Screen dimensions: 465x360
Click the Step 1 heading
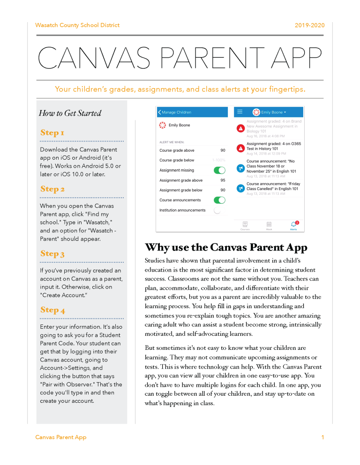(x=52, y=133)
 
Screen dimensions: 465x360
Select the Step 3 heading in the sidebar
(x=52, y=254)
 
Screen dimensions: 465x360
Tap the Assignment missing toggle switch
(x=219, y=170)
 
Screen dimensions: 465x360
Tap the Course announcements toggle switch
(x=219, y=200)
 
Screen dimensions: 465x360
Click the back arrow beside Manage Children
(x=159, y=112)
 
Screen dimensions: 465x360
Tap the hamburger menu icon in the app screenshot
(x=240, y=112)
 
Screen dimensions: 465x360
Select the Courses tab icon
(x=245, y=225)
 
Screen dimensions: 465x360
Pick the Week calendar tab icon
(x=269, y=225)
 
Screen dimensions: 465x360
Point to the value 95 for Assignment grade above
(x=223, y=180)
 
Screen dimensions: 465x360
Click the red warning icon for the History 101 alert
(x=240, y=148)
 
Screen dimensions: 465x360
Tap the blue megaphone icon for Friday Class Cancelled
(x=240, y=188)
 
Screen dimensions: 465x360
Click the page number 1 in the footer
(x=322, y=437)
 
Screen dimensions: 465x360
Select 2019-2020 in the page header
(x=309, y=25)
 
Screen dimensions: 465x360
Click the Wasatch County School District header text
(x=77, y=25)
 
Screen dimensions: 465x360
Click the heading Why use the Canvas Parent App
(x=226, y=247)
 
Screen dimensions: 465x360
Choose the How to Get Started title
(x=70, y=113)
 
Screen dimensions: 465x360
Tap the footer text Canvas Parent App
(x=61, y=437)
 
